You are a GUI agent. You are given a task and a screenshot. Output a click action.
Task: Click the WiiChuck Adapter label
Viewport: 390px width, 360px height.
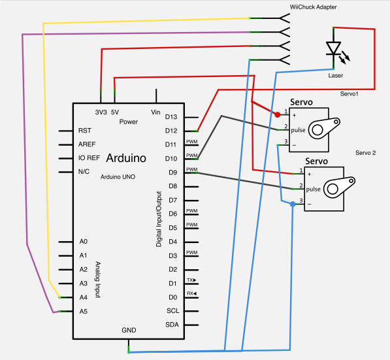click(x=313, y=7)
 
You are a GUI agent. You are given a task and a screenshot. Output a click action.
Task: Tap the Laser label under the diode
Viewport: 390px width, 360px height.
click(x=336, y=76)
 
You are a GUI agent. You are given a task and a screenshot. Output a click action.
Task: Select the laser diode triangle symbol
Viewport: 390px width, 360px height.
click(x=333, y=48)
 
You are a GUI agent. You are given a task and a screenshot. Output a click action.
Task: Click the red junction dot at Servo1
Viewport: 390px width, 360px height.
click(x=278, y=115)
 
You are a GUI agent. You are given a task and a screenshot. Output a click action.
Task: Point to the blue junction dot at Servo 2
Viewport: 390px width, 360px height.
click(x=293, y=205)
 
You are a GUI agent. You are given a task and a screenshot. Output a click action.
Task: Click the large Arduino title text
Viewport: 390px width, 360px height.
click(x=126, y=158)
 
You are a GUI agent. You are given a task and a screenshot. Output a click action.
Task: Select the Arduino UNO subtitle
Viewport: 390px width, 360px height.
click(x=118, y=177)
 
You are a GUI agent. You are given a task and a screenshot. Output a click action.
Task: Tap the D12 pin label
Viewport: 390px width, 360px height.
click(x=171, y=131)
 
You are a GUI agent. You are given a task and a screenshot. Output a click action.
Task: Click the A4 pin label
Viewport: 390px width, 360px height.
click(x=84, y=297)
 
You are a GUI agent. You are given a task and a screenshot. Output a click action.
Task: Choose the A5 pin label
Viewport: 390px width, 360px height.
click(x=84, y=312)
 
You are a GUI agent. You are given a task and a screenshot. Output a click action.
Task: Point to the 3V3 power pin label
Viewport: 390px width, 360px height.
click(x=101, y=112)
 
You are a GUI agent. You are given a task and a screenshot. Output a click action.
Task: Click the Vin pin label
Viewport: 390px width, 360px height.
click(x=155, y=112)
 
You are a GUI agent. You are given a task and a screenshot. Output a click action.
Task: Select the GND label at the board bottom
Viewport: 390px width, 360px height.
click(x=129, y=330)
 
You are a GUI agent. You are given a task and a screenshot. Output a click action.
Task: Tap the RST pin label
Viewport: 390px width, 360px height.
click(x=84, y=131)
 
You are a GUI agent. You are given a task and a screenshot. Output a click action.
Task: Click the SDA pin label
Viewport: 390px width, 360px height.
click(x=172, y=325)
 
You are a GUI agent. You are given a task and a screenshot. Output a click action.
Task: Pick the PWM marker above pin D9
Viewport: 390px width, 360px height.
click(x=192, y=169)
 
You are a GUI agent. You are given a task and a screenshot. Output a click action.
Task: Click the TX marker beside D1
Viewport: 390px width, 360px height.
click(x=191, y=280)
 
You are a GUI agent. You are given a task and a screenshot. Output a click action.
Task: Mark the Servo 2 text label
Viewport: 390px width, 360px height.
click(x=366, y=153)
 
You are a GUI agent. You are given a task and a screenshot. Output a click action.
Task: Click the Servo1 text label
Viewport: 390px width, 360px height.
click(x=349, y=94)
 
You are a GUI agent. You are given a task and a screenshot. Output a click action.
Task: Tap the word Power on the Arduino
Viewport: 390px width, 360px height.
click(x=129, y=122)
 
